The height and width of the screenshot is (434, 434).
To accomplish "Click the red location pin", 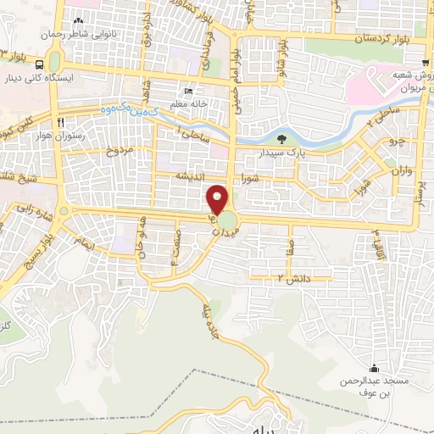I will click(x=219, y=199).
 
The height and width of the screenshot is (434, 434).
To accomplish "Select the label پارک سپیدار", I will click(x=281, y=153).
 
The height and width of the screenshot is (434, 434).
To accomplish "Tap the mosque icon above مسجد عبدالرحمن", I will click(x=374, y=367).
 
